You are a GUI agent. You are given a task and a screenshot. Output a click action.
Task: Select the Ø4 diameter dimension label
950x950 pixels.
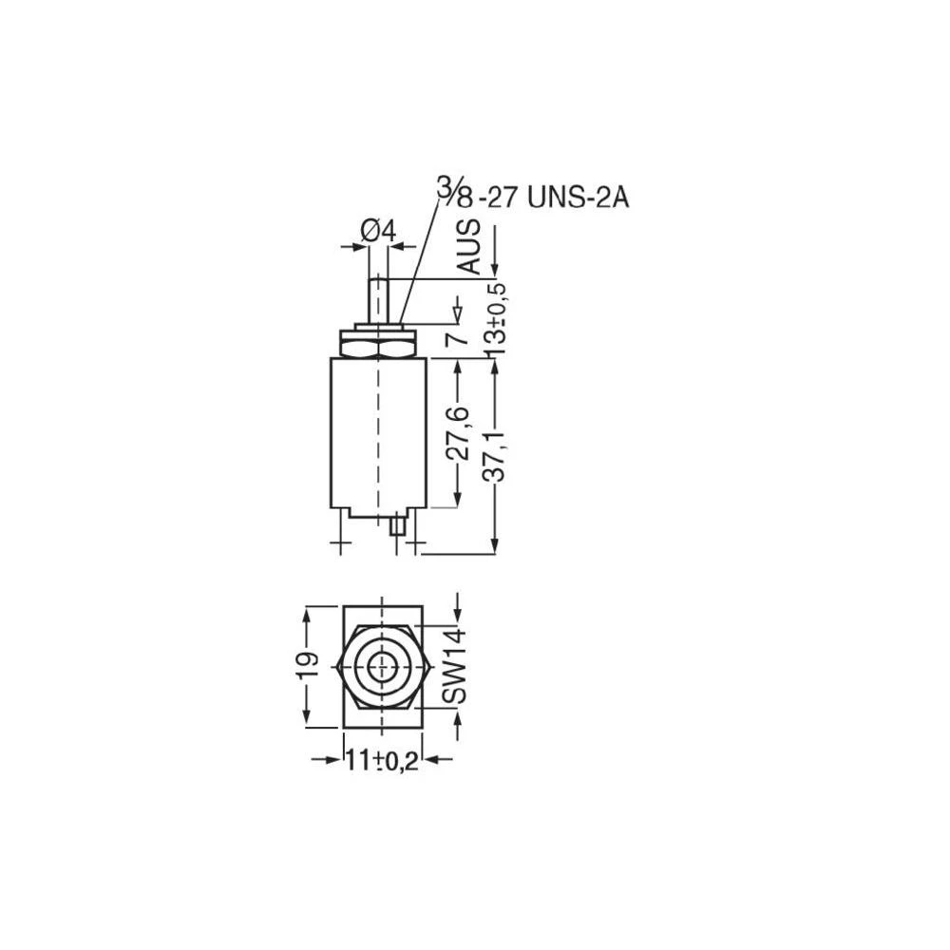378,230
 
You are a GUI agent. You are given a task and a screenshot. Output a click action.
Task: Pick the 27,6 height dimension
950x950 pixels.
459,432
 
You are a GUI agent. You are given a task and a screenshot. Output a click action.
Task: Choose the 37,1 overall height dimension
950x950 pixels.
495,455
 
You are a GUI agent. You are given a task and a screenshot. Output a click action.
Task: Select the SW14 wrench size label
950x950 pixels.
457,666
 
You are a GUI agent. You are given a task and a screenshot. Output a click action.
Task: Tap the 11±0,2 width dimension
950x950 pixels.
382,761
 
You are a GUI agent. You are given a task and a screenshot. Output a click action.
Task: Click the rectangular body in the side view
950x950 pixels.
378,432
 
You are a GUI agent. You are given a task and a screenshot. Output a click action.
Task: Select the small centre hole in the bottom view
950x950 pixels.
382,666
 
